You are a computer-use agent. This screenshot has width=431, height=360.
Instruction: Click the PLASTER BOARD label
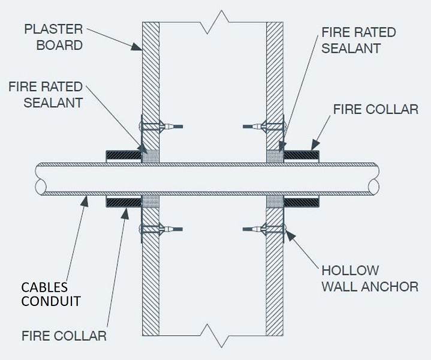coord(53,37)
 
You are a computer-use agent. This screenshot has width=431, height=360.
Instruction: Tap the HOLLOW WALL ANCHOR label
coord(370,278)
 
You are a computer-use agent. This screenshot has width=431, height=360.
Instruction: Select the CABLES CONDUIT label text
coord(51,294)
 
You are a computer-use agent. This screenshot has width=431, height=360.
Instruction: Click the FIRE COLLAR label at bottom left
coord(64,336)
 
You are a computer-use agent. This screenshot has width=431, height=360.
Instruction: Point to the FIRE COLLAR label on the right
coord(376,109)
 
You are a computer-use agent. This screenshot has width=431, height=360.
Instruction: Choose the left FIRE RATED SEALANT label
coord(46,95)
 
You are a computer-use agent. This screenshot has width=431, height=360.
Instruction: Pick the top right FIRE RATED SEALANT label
coord(358,40)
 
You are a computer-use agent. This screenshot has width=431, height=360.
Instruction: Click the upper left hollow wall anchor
coord(161,127)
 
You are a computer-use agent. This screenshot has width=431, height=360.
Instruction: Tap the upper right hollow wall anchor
coord(265,127)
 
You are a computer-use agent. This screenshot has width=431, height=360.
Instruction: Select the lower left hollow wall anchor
coord(161,229)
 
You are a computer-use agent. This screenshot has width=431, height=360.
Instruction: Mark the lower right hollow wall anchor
coord(265,229)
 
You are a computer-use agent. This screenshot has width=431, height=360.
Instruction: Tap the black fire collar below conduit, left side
coord(123,203)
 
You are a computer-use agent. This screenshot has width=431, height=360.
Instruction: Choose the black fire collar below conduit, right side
coord(302,203)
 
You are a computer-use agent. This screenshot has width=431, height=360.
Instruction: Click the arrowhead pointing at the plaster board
coord(137,47)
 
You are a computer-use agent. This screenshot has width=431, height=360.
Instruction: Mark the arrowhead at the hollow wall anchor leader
coord(291,235)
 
